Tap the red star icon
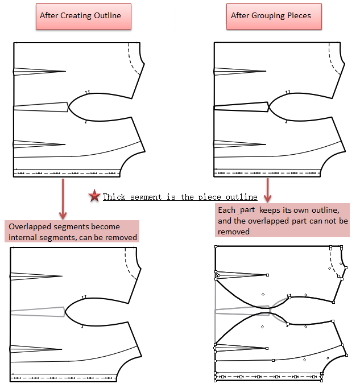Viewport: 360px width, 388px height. point(94,196)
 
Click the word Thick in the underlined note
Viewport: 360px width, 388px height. point(114,197)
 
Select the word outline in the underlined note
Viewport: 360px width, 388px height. point(242,197)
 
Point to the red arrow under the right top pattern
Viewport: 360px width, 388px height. point(268,190)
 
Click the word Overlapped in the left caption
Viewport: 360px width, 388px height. point(30,227)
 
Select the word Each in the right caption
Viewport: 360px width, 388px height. point(226,210)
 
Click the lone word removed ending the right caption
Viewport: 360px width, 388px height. point(234,232)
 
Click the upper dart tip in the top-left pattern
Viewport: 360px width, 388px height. point(65,72)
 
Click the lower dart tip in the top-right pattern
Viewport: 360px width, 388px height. point(266,145)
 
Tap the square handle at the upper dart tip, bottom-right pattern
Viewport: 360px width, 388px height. point(267,275)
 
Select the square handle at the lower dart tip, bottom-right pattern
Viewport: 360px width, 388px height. point(267,348)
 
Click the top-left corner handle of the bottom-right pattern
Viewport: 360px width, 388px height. point(216,246)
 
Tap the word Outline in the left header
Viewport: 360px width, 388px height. point(107,16)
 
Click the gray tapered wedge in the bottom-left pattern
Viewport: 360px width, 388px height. point(38,312)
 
